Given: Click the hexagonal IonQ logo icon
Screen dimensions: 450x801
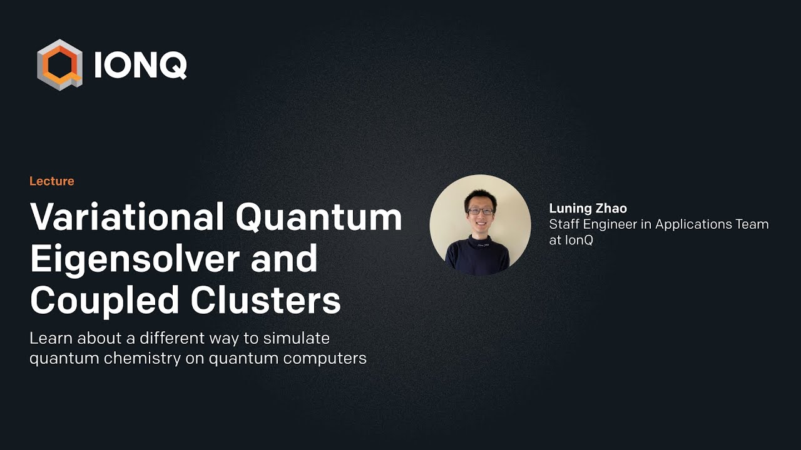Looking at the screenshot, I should tap(60, 64).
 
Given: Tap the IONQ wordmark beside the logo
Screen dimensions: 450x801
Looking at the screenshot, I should tap(140, 65).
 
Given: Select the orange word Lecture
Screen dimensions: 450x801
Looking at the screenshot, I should tap(52, 181).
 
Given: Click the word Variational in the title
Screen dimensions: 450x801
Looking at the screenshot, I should tap(127, 217).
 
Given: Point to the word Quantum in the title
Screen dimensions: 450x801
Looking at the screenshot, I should tap(319, 217).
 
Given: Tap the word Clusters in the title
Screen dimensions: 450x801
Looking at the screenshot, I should tap(266, 301).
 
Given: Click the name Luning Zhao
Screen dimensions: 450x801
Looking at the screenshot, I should tap(588, 208).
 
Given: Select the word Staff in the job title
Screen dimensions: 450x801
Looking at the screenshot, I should tap(563, 224).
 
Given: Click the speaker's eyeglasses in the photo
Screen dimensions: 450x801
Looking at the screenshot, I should tap(480, 212).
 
